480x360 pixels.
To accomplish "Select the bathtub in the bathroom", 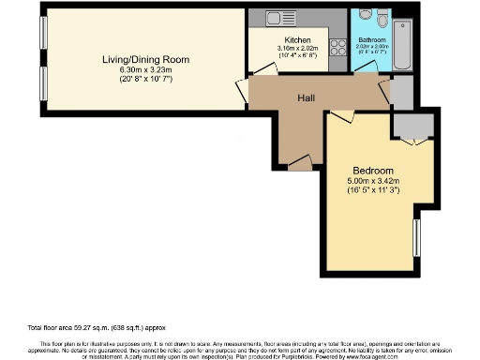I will pos(403,44).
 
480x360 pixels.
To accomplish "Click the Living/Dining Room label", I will pos(145,60).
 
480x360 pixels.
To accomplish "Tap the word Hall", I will pos(306,97).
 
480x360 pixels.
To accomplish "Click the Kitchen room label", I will pos(297,40).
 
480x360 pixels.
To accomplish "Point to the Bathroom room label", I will pos(371,40).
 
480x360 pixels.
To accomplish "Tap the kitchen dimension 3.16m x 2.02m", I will pos(297,49).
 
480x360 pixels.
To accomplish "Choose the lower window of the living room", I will pos(43,88).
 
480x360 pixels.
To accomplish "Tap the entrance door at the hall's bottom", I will pos(300,165).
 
